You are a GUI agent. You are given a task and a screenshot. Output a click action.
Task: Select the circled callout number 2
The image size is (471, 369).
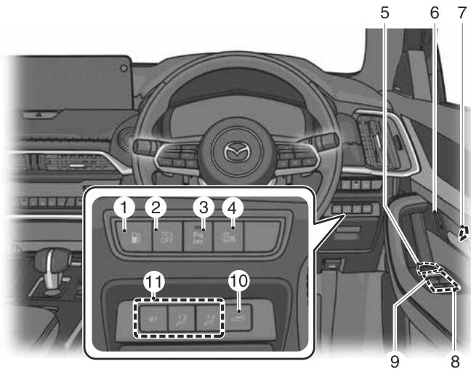[x=155, y=207]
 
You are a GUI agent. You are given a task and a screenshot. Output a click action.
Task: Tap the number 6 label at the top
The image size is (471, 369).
[x=435, y=12]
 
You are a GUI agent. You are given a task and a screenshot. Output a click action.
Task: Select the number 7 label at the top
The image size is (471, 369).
[x=461, y=12]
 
